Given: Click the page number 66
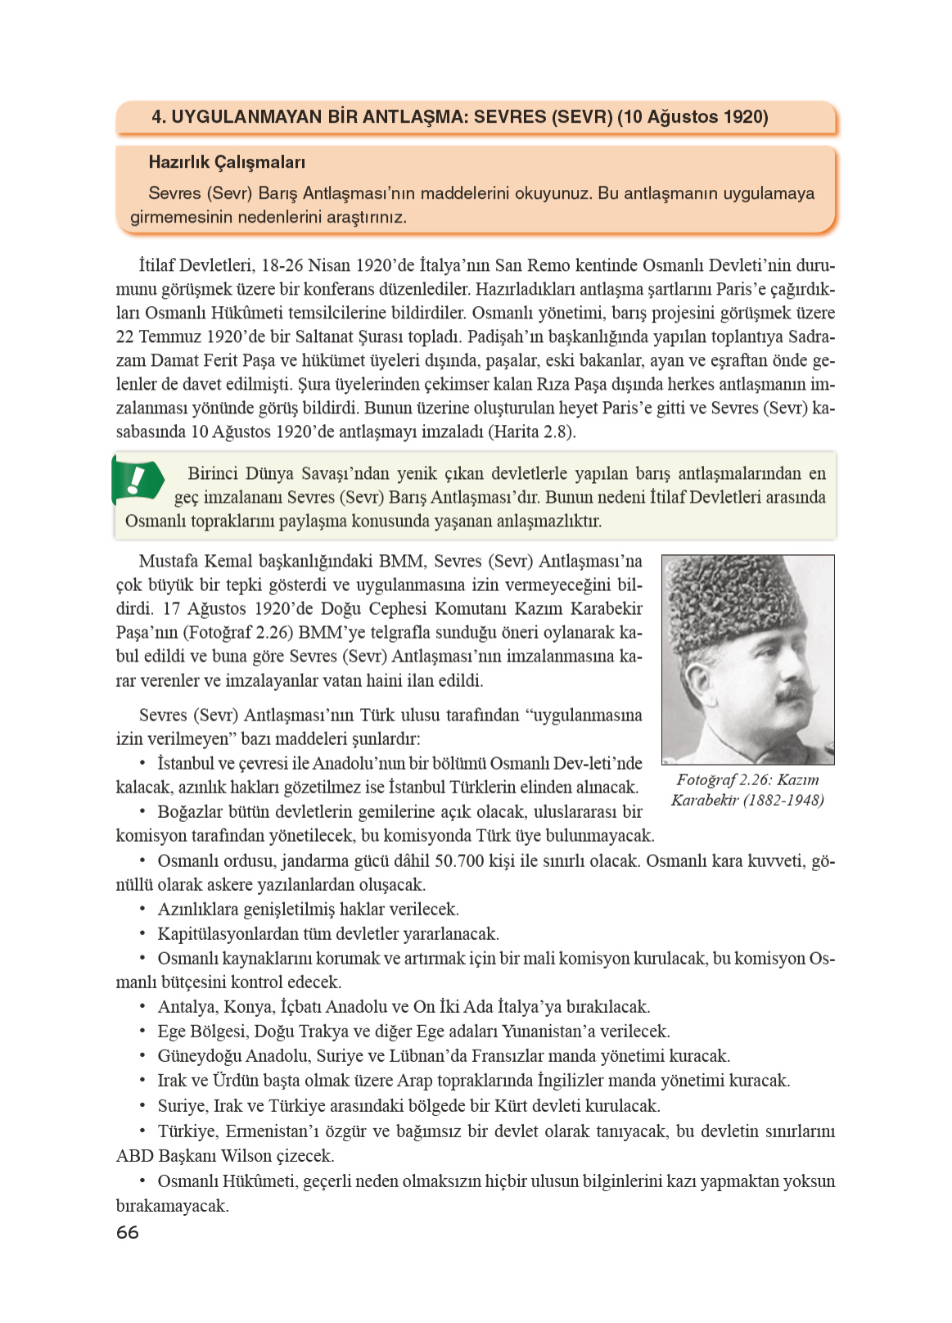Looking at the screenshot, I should click(x=128, y=1232).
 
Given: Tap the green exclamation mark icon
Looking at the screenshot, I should click(x=138, y=479).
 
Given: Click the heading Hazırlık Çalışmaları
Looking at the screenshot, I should click(x=227, y=162).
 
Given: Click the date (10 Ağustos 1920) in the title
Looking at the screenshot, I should click(x=693, y=117).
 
